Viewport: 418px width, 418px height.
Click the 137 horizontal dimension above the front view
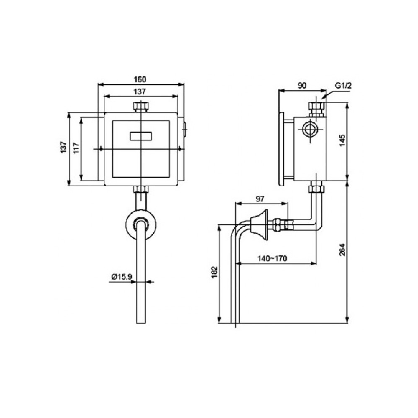click(x=141, y=92)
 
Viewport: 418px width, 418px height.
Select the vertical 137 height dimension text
click(x=64, y=148)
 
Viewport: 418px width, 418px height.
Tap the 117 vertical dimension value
click(x=76, y=148)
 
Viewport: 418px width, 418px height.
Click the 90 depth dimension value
click(x=302, y=85)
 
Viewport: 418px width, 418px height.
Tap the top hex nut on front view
click(x=141, y=107)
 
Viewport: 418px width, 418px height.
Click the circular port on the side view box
click(x=310, y=129)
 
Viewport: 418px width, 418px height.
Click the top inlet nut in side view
click(x=316, y=109)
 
